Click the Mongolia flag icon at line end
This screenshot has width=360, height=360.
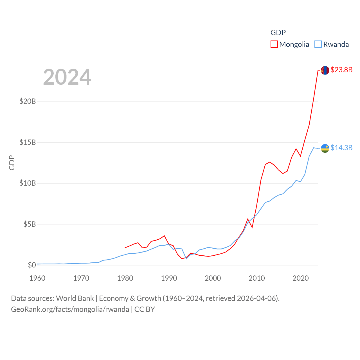pyautogui.click(x=325, y=70)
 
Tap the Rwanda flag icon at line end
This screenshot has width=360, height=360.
pyautogui.click(x=325, y=148)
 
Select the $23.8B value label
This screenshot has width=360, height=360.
pyautogui.click(x=341, y=70)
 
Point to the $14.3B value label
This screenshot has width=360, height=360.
pyautogui.click(x=341, y=148)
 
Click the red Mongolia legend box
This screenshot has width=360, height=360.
pyautogui.click(x=274, y=44)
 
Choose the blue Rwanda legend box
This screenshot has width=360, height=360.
pyautogui.click(x=318, y=44)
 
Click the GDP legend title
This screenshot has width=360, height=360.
pyautogui.click(x=278, y=33)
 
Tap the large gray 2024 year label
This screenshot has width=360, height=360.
pyautogui.click(x=67, y=77)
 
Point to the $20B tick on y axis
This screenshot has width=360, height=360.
pyautogui.click(x=28, y=101)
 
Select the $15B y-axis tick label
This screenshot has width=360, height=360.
pyautogui.click(x=28, y=142)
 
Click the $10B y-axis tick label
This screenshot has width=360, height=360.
pyautogui.click(x=28, y=183)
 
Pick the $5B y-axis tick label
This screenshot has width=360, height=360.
pyautogui.click(x=30, y=224)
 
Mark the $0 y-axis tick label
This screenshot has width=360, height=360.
pyautogui.click(x=32, y=265)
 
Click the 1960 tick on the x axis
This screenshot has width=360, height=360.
pyautogui.click(x=37, y=278)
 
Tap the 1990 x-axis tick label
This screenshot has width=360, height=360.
pyautogui.click(x=169, y=278)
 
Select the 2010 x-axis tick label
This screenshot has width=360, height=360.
pyautogui.click(x=257, y=278)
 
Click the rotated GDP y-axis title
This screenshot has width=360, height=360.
pyautogui.click(x=12, y=163)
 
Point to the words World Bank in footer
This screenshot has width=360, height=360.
pyautogui.click(x=75, y=298)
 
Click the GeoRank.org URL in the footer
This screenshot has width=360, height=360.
pyautogui.click(x=70, y=309)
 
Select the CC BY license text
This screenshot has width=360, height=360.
pyautogui.click(x=145, y=309)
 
